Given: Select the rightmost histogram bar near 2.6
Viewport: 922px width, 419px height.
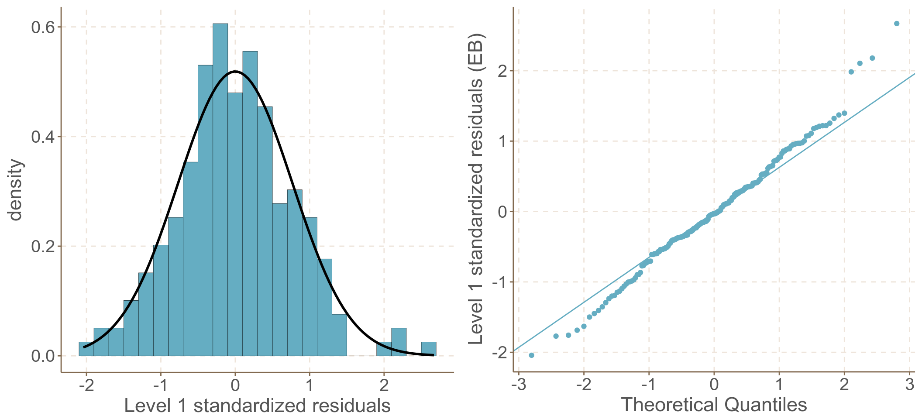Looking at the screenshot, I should tap(428, 349).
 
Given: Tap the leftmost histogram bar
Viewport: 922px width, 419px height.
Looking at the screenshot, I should tap(86, 349).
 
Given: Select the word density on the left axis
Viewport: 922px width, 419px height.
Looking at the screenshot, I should tap(15, 190).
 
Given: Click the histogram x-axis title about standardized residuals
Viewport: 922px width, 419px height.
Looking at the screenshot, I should tap(257, 405).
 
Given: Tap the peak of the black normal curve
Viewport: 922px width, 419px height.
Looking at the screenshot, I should tap(235, 71).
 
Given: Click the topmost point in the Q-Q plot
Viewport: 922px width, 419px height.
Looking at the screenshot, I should tap(897, 24).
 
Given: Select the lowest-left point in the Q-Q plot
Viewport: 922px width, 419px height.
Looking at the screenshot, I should tap(531, 355).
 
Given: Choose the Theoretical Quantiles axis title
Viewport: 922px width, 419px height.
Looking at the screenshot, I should tap(714, 405).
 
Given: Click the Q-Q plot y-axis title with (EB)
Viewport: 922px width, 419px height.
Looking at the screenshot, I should tap(476, 189).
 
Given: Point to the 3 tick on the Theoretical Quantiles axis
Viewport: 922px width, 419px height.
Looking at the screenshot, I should tap(909, 385).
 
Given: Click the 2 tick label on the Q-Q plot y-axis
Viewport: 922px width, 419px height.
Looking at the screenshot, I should tap(502, 71).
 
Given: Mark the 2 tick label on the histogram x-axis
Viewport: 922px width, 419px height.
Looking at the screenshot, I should tap(384, 385).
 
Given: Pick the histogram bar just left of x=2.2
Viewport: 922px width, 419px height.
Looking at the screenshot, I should tap(384, 349).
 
